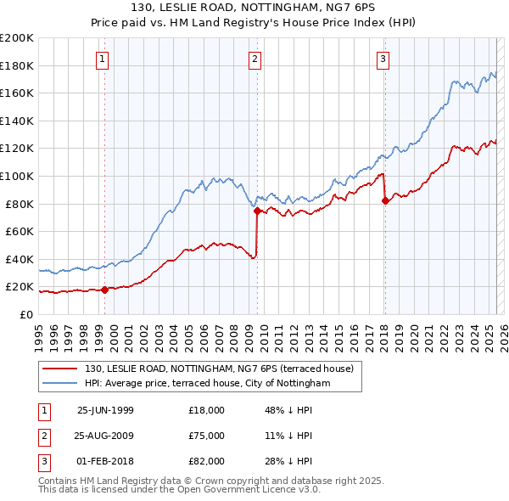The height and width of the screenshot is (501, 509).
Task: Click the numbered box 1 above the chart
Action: [x=102, y=59]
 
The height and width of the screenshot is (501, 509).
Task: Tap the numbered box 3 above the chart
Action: [x=383, y=59]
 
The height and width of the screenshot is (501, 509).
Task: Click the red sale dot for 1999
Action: [x=105, y=290]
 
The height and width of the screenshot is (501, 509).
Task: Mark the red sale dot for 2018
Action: [x=385, y=201]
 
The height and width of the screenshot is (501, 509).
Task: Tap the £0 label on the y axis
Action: [x=26, y=314]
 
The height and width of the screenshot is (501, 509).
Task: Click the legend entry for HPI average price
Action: [x=209, y=384]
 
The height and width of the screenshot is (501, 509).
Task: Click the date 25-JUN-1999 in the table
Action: [x=105, y=410]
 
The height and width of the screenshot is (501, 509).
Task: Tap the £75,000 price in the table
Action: [x=207, y=436]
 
